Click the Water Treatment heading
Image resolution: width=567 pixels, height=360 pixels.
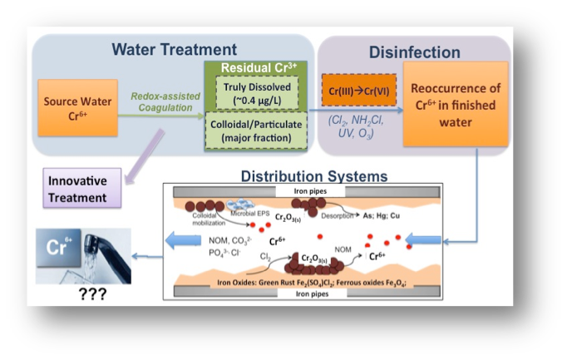click(175, 50)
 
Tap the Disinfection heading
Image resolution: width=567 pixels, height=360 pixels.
click(414, 52)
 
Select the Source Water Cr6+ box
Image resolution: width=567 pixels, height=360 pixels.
click(78, 108)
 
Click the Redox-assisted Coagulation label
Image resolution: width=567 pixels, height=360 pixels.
click(165, 102)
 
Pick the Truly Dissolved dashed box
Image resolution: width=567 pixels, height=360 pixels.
click(257, 93)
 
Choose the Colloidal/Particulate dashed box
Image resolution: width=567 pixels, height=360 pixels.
click(256, 131)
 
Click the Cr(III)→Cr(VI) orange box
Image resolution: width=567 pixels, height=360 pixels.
click(359, 91)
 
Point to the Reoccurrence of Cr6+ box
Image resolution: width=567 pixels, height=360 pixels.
click(456, 104)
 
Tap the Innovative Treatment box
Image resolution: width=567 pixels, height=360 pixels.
click(82, 188)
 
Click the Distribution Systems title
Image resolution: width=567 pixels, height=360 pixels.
click(314, 176)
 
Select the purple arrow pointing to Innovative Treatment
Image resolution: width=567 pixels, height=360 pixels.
click(144, 156)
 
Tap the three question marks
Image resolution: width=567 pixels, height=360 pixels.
click(92, 294)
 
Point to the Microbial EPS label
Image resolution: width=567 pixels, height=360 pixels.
click(250, 214)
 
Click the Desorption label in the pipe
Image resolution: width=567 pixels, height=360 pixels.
click(337, 216)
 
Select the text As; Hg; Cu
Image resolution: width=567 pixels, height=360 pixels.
click(382, 216)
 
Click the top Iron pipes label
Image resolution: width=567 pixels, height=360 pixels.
click(310, 191)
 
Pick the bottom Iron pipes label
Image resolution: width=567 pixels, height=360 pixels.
click(312, 293)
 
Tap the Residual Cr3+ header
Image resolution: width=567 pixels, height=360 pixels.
click(259, 67)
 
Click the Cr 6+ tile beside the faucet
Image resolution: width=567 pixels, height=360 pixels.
click(58, 248)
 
